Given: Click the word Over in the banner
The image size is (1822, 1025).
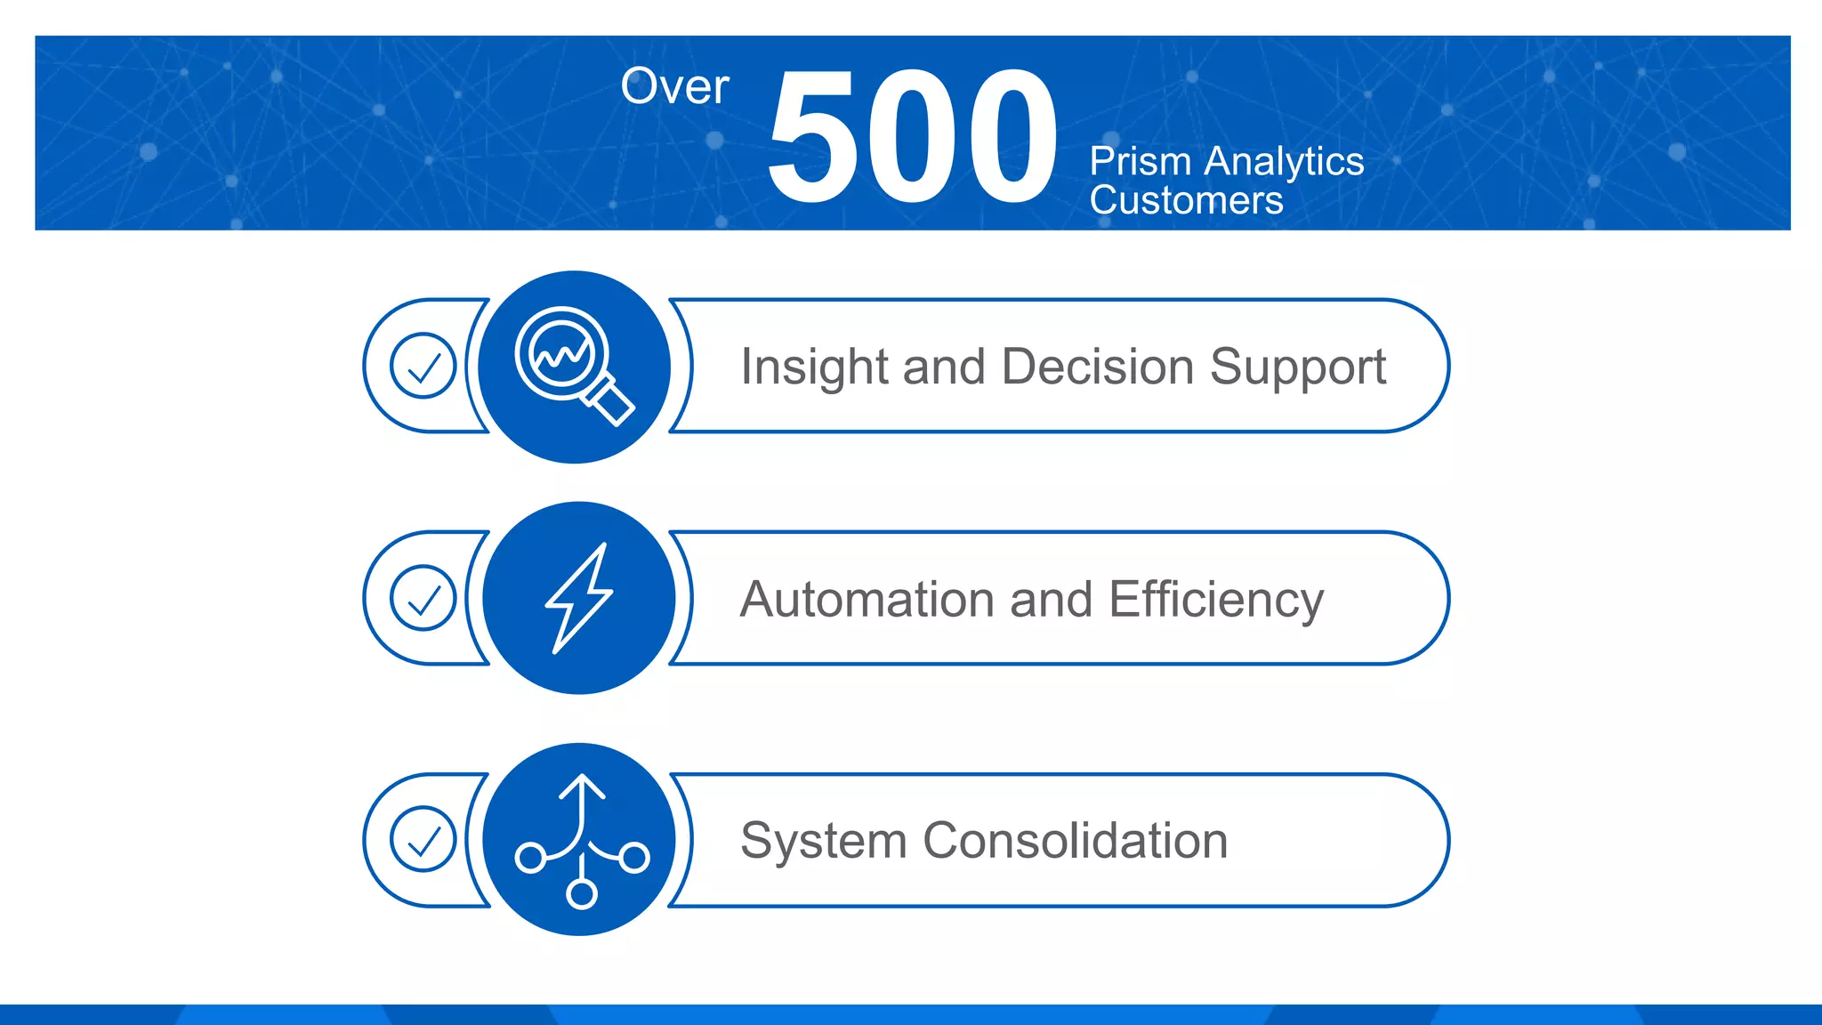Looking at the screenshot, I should (x=674, y=87).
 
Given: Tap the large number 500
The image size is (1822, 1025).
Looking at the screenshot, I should (x=912, y=138).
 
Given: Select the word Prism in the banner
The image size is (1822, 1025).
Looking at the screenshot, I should (x=1141, y=162).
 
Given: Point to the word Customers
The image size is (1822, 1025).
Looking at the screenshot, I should (x=1186, y=200).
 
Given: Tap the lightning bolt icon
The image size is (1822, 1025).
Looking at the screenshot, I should (x=579, y=598).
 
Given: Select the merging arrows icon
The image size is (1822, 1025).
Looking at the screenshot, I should (x=582, y=841).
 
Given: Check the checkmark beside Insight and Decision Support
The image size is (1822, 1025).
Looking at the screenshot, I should (x=423, y=366).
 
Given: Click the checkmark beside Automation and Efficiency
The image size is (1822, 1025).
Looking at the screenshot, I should (x=423, y=598).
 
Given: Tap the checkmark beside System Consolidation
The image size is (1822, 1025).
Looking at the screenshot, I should (x=423, y=839).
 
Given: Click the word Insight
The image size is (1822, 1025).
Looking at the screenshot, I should (x=813, y=367).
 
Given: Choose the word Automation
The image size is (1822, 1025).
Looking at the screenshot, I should (x=867, y=599).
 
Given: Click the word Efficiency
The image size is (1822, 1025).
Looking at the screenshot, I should (x=1216, y=601).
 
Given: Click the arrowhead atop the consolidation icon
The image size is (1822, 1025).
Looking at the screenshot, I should (x=582, y=786).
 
